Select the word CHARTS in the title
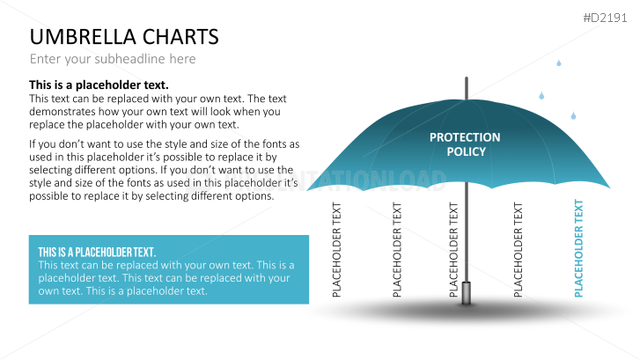coord(183,37)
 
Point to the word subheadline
coord(129,59)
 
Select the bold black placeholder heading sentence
coord(99,84)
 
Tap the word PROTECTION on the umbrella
coord(465,137)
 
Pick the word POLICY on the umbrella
coord(466,151)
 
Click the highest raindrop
coord(558,62)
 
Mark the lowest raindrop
coord(573,115)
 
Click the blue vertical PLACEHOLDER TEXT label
coord(579,249)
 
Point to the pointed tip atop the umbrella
coord(466,82)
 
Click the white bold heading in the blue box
coord(97,252)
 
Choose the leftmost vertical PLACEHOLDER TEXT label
coord(337,249)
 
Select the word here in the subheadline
coord(182,59)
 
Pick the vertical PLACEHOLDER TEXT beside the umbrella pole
coord(454,249)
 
